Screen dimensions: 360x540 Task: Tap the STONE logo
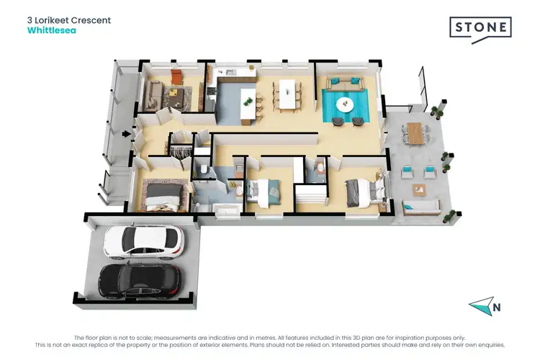480,28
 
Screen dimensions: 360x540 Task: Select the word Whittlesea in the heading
52,32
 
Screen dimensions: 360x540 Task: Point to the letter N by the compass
496,308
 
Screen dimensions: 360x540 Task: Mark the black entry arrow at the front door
127,133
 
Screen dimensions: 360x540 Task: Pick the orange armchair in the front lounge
177,77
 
